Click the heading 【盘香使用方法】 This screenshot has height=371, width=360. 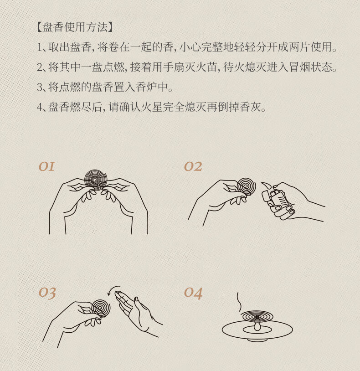pos(75,27)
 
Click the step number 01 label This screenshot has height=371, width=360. pos(46,166)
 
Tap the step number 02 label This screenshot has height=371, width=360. pos(193,166)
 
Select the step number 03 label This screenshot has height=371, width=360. pos(47,293)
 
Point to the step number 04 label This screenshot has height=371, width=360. pos(193,293)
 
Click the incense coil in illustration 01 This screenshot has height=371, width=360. pos(96,180)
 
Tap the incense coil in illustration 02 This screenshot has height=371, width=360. pos(247,187)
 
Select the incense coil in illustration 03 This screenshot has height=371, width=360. pos(101,308)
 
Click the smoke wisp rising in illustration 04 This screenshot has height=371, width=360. pos(239,302)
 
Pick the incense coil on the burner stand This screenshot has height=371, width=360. pos(257,316)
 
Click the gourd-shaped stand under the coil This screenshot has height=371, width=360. pos(257,325)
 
